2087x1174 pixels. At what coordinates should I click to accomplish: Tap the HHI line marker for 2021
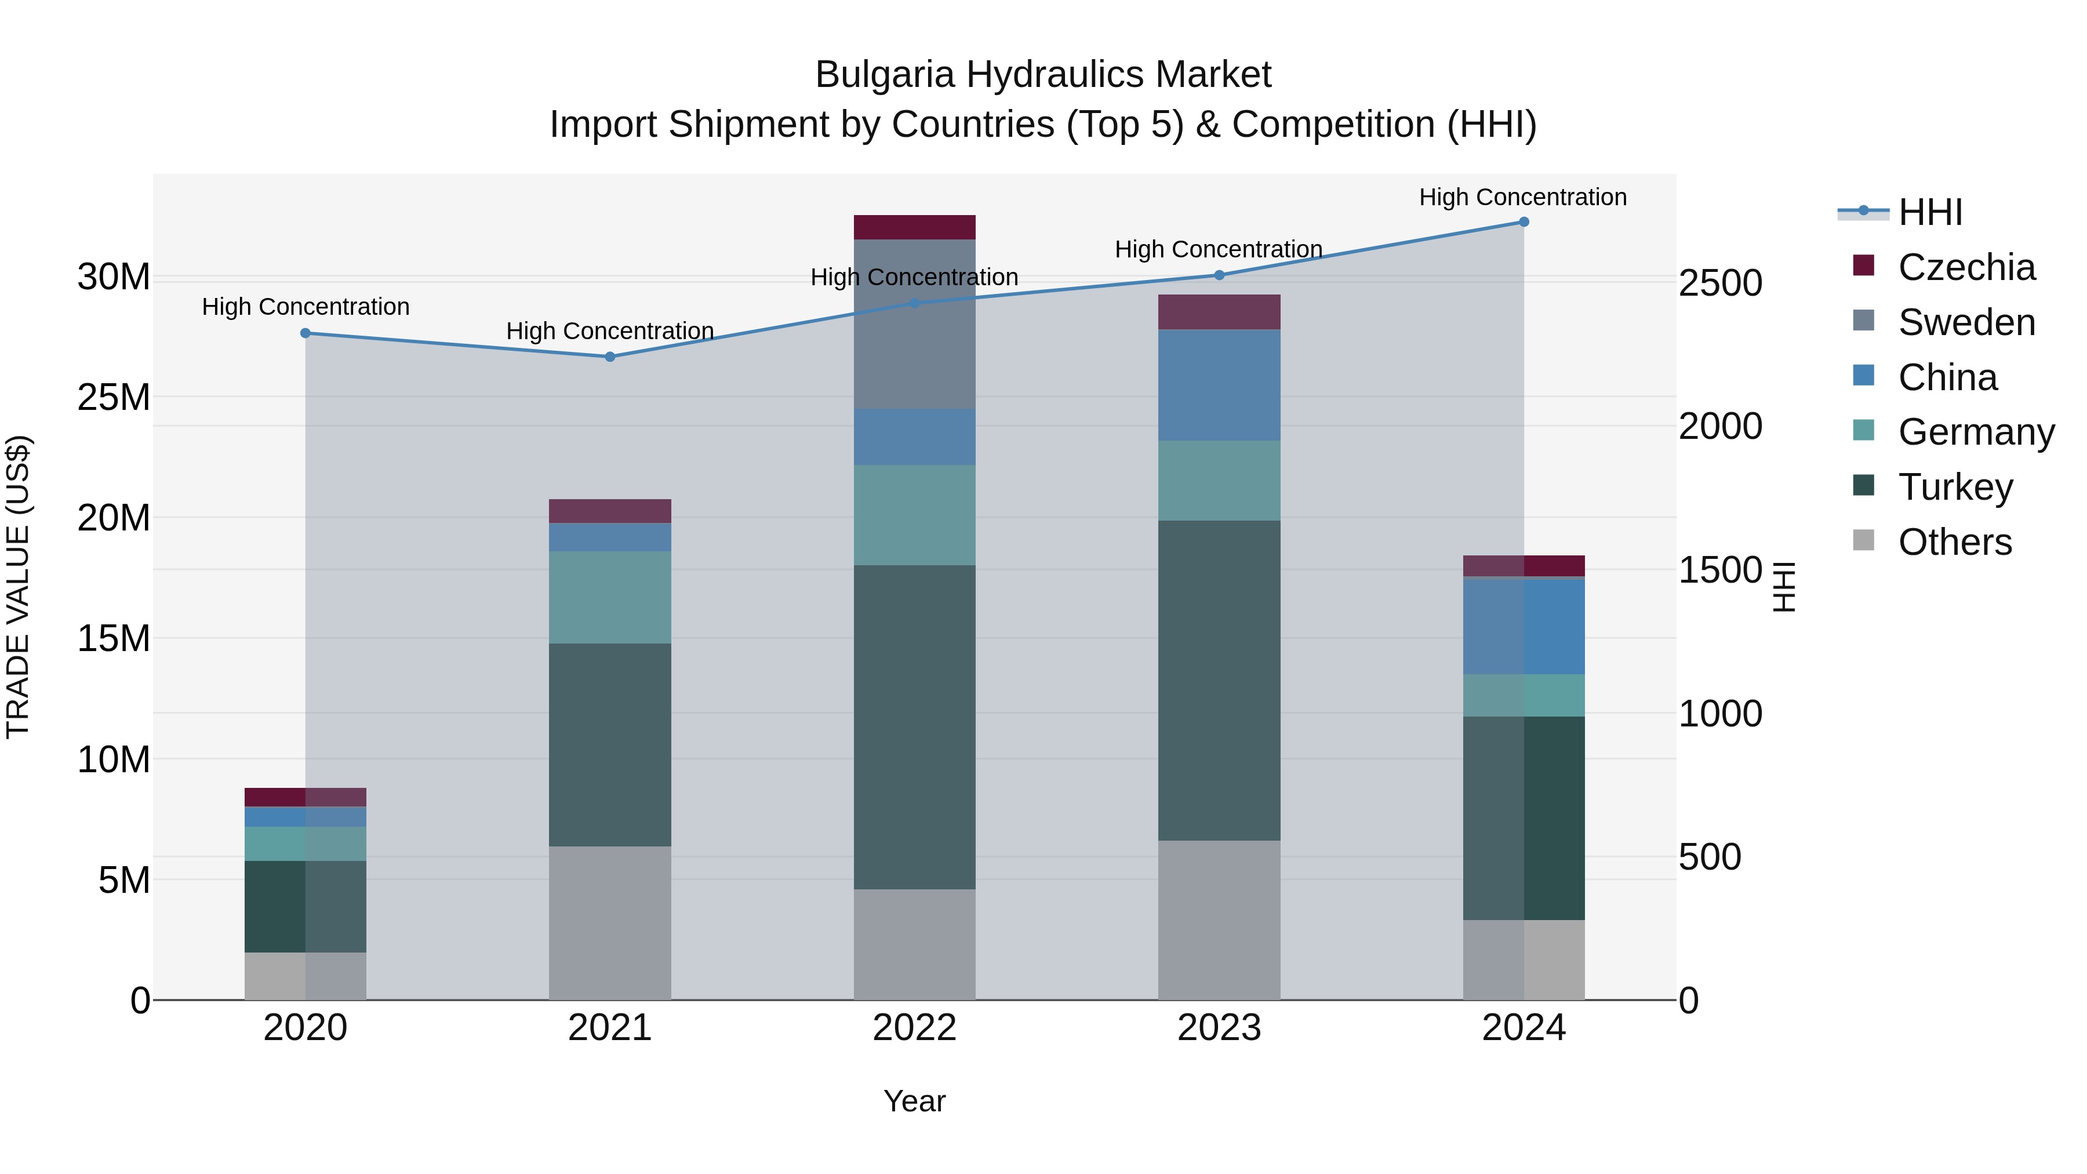[610, 357]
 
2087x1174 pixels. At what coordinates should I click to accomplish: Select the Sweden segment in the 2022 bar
[915, 324]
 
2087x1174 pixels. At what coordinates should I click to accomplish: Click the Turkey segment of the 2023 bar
[1219, 681]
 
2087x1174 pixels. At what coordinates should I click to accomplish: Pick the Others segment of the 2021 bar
[610, 923]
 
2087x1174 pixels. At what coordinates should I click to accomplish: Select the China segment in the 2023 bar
[1219, 385]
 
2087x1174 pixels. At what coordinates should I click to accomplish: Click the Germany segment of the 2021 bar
[610, 597]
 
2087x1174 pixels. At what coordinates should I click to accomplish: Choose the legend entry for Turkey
[1955, 487]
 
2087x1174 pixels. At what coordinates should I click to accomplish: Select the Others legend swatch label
[1954, 542]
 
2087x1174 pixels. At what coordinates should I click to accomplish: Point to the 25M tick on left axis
[114, 397]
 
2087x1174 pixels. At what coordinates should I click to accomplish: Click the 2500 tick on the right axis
[1720, 283]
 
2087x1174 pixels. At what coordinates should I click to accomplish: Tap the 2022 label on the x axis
[915, 1028]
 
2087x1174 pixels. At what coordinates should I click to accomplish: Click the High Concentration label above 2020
[306, 307]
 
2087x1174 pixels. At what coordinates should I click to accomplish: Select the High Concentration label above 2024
[1522, 197]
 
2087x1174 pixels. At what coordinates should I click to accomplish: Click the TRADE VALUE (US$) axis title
[18, 587]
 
